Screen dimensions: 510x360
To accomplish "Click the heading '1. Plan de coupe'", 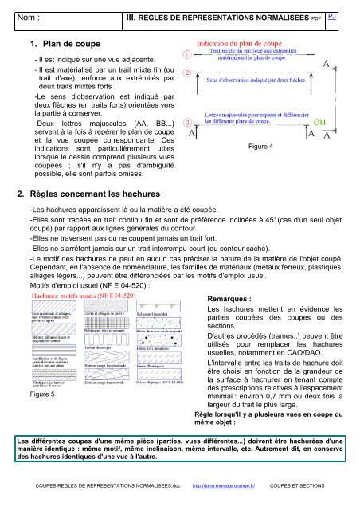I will click(63, 45).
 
